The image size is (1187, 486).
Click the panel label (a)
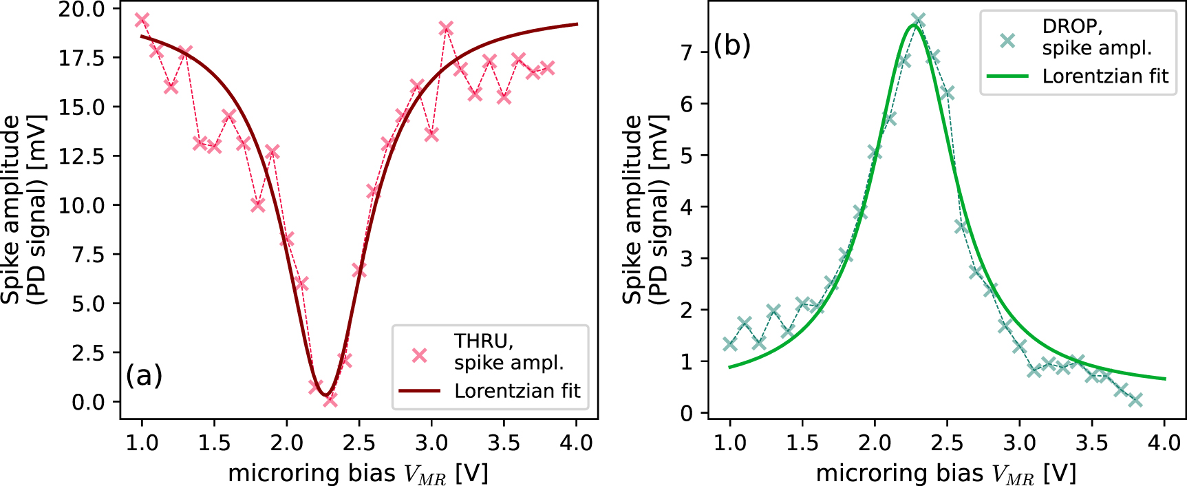coord(144,376)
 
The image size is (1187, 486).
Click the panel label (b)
coord(732,45)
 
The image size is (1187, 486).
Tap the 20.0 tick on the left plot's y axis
coord(81,10)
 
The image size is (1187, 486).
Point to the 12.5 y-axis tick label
coord(81,156)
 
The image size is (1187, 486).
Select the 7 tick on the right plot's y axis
coord(686,52)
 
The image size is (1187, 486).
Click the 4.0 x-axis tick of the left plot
coord(576,443)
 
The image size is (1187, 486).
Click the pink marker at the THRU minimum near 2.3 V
coord(330,399)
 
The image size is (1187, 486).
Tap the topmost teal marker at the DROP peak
coord(918,20)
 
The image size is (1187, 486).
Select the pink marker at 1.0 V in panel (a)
coord(142,20)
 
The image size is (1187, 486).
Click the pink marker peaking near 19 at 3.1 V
coord(446,28)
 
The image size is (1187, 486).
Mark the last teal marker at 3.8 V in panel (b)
coord(1135,400)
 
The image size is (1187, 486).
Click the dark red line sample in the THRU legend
coord(419,391)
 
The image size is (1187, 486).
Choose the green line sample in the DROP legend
coord(1007,76)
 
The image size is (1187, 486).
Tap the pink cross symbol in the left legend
coord(419,355)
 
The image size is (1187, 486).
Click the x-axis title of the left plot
coord(358,474)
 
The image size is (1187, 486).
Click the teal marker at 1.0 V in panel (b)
coord(729,344)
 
